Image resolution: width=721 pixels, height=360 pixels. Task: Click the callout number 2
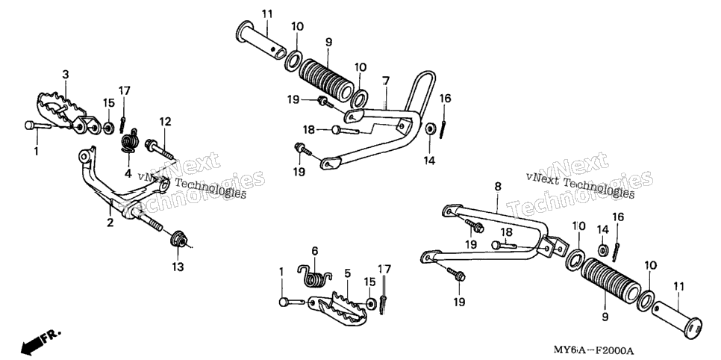pos(110,223)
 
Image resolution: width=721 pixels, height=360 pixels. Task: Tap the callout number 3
pos(66,74)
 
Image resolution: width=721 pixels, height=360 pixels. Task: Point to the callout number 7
pos(386,81)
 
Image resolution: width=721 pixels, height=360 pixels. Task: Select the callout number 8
pos(498,187)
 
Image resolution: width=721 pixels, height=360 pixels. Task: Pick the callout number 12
pos(165,122)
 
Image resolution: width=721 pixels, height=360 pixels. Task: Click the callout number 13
pos(178,267)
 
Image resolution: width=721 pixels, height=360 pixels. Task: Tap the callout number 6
pos(315,251)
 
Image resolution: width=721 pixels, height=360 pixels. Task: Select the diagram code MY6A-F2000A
pos(593,351)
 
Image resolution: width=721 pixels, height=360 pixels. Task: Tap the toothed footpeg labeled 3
pos(66,113)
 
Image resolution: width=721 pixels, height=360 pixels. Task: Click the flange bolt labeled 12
pos(159,149)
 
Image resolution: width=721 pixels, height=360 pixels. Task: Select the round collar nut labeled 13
pos(178,240)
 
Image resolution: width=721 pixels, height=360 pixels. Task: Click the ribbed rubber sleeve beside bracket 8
pos(611,278)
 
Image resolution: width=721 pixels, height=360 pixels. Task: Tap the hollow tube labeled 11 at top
pos(260,40)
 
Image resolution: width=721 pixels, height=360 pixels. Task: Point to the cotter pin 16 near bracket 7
pos(443,123)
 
